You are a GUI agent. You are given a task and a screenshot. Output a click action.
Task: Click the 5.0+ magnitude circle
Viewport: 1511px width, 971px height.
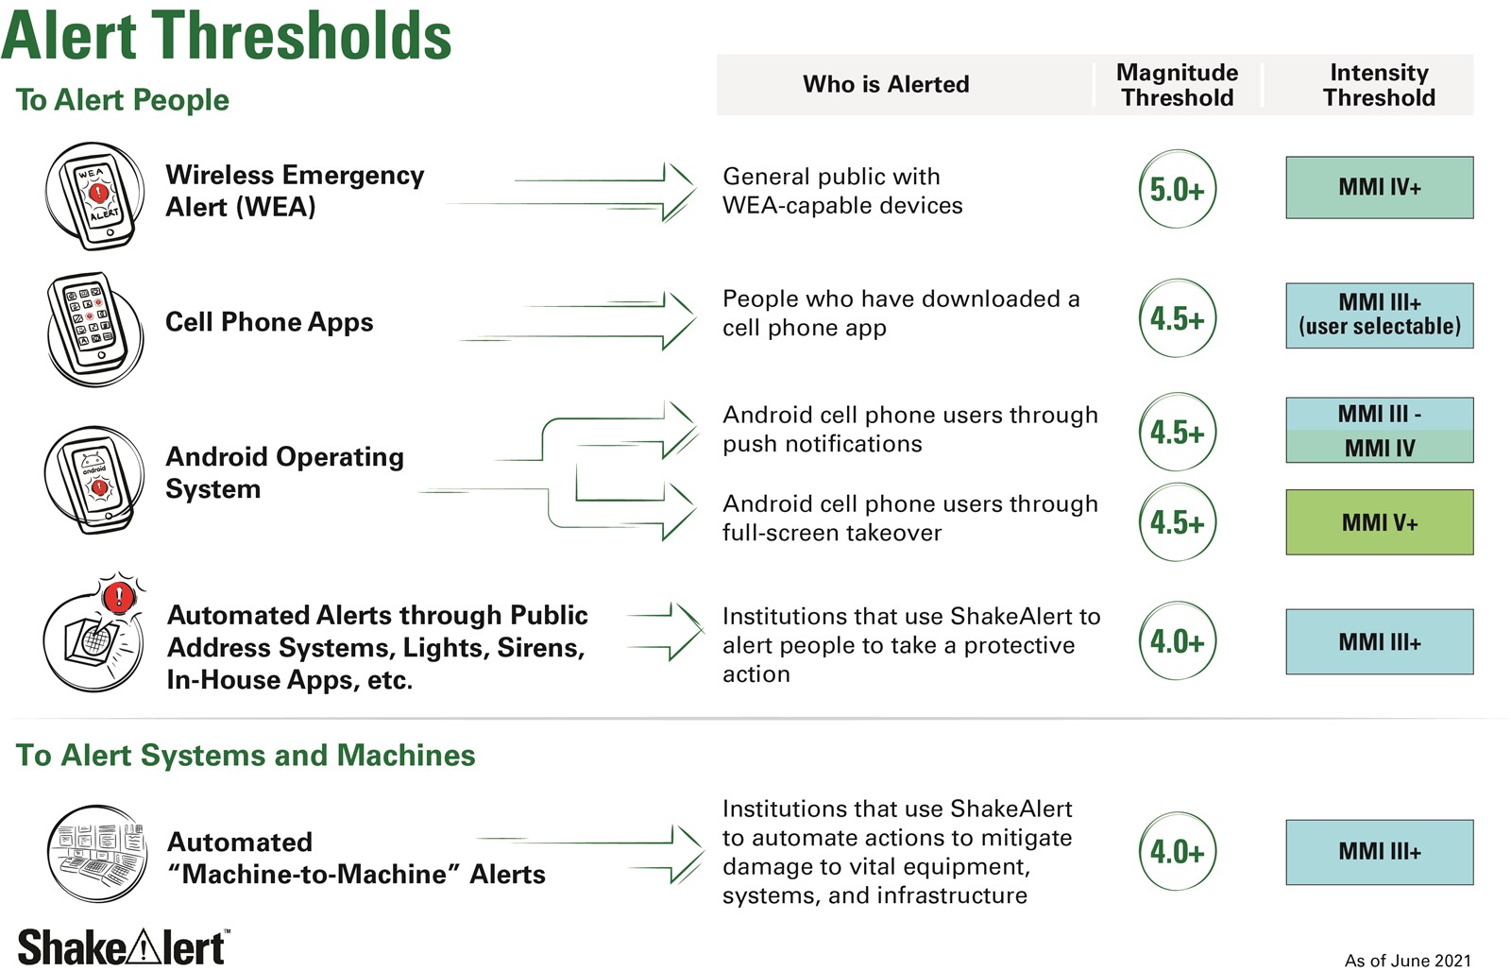[x=1177, y=189]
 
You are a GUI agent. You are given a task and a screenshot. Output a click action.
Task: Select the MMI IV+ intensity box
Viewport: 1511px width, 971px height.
[x=1380, y=188]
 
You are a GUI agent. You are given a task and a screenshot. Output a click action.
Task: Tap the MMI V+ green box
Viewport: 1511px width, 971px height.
[x=1380, y=522]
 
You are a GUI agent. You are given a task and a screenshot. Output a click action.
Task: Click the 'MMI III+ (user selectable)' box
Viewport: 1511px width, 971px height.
[x=1380, y=315]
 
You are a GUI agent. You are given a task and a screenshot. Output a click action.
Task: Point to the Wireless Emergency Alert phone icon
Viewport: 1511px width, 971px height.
[x=95, y=196]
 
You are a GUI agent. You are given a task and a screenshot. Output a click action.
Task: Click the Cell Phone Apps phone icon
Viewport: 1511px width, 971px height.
[x=95, y=329]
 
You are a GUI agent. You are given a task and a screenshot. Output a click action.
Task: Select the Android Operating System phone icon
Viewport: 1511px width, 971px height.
[x=94, y=479]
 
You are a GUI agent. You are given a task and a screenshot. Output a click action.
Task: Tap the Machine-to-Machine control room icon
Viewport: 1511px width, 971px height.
[x=97, y=854]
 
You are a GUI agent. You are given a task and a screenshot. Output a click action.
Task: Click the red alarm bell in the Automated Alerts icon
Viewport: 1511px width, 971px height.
[x=119, y=597]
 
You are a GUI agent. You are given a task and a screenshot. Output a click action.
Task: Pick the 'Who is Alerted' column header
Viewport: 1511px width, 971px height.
[x=886, y=84]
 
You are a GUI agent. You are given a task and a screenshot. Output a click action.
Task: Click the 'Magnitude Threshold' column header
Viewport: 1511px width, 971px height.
[x=1177, y=85]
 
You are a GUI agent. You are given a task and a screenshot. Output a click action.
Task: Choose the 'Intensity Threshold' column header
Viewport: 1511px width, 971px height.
[x=1379, y=85]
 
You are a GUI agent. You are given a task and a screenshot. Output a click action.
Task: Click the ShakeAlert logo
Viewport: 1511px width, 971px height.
[x=124, y=947]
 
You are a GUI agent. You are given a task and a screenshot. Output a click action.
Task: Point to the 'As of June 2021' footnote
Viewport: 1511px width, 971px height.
[x=1407, y=961]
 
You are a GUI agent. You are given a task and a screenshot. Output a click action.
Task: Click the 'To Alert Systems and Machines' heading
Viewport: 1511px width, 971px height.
[x=246, y=755]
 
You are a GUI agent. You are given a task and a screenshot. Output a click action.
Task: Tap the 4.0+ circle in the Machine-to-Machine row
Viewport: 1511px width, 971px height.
[x=1177, y=852]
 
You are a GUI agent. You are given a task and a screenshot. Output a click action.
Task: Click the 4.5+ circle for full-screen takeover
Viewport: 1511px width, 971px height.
[x=1177, y=522]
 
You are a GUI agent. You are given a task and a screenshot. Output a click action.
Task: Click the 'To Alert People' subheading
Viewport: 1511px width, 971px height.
[x=122, y=100]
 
